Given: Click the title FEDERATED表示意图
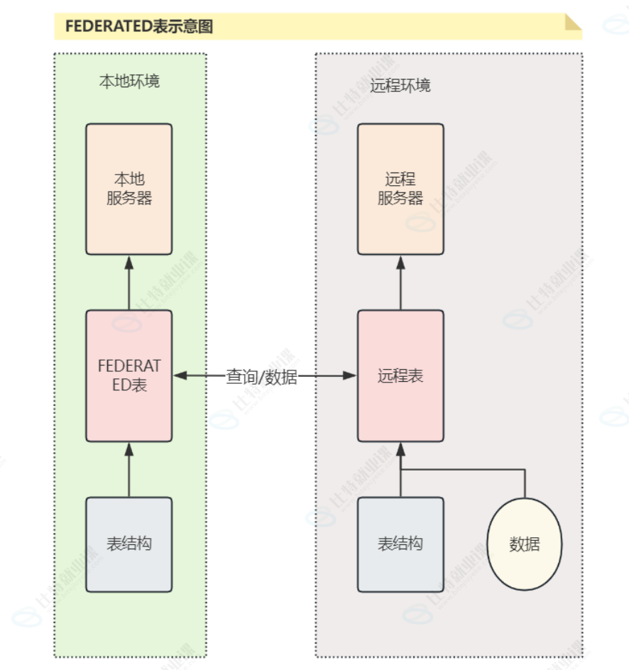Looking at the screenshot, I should click(x=139, y=27).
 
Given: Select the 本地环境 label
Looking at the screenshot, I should click(x=129, y=81).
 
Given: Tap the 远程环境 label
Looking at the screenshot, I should click(x=400, y=86).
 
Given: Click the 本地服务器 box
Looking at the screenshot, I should click(x=129, y=189).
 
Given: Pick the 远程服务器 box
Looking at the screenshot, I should click(x=400, y=189).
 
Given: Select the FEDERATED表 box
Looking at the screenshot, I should click(x=129, y=375).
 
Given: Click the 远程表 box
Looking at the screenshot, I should click(x=400, y=375).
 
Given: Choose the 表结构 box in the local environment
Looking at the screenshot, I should click(x=129, y=544).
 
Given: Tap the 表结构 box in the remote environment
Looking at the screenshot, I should click(x=400, y=544).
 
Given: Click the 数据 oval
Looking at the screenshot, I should click(x=525, y=544).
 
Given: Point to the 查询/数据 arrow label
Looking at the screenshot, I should click(x=261, y=377).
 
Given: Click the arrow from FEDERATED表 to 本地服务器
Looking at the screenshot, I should click(x=129, y=284).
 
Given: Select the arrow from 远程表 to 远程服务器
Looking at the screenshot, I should click(x=400, y=284).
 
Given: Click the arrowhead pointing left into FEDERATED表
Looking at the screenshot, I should click(x=180, y=375).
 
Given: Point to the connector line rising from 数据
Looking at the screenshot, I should click(x=525, y=483).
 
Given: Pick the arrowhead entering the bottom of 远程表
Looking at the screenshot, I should click(x=400, y=449).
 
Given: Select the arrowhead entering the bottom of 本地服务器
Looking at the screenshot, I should click(x=129, y=262).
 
